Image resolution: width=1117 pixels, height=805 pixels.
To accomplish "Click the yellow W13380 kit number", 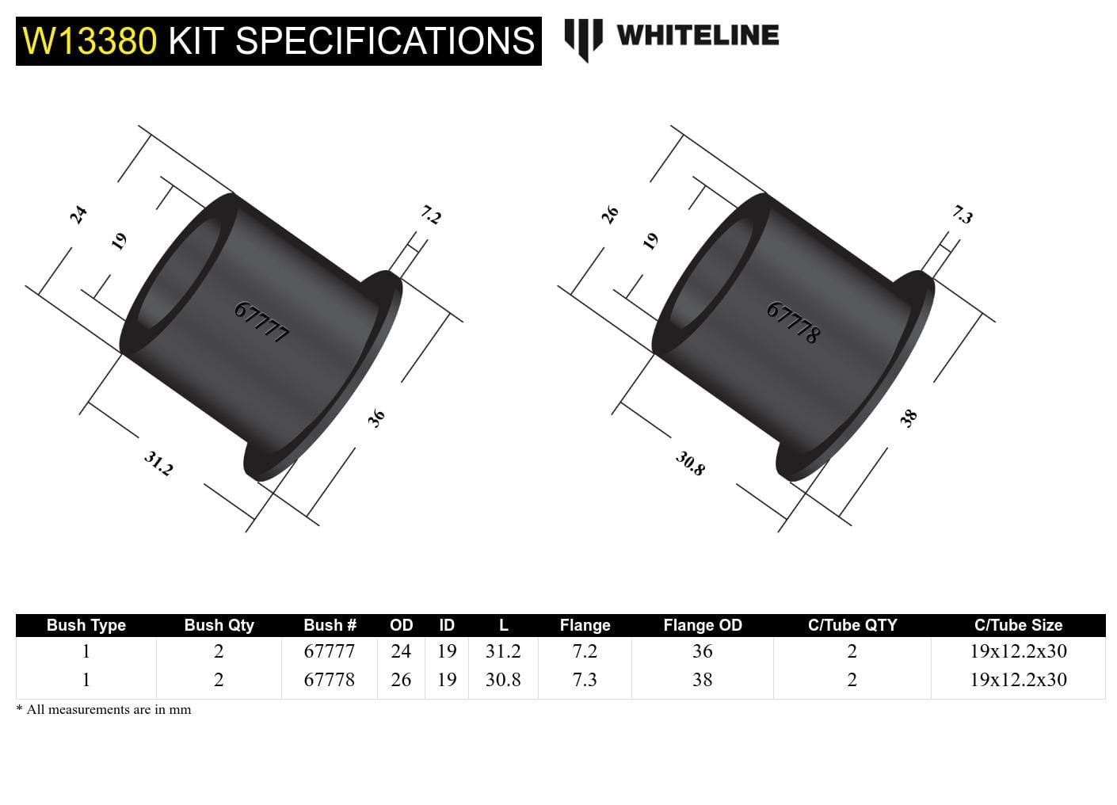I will (90, 41).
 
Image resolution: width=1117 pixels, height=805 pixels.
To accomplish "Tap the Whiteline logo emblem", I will (583, 39).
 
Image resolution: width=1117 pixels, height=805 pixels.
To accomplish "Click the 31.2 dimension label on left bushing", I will (158, 464).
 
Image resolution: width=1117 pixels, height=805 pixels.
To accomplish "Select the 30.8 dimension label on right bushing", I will (690, 464).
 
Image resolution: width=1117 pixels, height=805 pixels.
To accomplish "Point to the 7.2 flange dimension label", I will (430, 215).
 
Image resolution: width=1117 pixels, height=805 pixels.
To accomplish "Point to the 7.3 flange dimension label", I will (962, 215).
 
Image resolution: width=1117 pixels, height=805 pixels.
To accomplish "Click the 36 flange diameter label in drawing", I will (376, 418).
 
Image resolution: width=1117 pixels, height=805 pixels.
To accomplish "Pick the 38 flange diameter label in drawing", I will (909, 418).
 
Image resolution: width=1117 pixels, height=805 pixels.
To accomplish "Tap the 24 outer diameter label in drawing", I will (78, 215).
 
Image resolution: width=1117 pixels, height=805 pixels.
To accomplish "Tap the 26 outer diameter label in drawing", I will (610, 215).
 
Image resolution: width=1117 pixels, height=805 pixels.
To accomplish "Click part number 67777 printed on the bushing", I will (261, 322).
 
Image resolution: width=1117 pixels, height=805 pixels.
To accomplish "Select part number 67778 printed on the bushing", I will (793, 322).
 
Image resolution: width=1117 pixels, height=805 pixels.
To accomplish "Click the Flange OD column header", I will (702, 625).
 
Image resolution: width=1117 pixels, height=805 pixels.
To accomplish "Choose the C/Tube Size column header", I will (1018, 625).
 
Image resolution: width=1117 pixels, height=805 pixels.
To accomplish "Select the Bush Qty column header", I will (219, 625).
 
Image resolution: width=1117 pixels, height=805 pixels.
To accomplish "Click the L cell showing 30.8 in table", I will (503, 680).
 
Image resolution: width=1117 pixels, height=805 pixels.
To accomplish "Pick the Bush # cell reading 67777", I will (330, 651).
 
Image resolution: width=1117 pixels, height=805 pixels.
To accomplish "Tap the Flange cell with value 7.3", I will (585, 680).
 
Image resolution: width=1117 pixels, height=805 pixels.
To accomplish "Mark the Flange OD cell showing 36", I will (702, 651).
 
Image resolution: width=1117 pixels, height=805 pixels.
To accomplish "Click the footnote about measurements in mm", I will (104, 710).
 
